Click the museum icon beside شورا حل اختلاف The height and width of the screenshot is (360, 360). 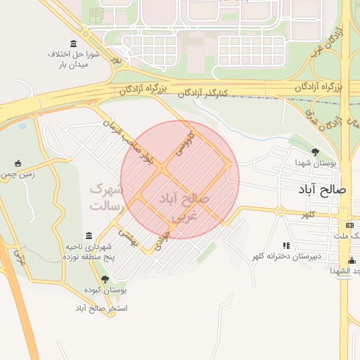pos(74,44)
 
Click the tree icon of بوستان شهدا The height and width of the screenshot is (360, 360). pos(314,152)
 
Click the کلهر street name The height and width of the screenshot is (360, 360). pos(308,213)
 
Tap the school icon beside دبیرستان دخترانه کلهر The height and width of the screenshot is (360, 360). pos(286,245)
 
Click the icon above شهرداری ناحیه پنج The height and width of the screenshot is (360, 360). pos(89,236)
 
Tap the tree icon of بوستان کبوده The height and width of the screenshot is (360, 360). pos(105,279)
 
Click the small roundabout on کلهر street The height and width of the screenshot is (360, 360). pos(279,210)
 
